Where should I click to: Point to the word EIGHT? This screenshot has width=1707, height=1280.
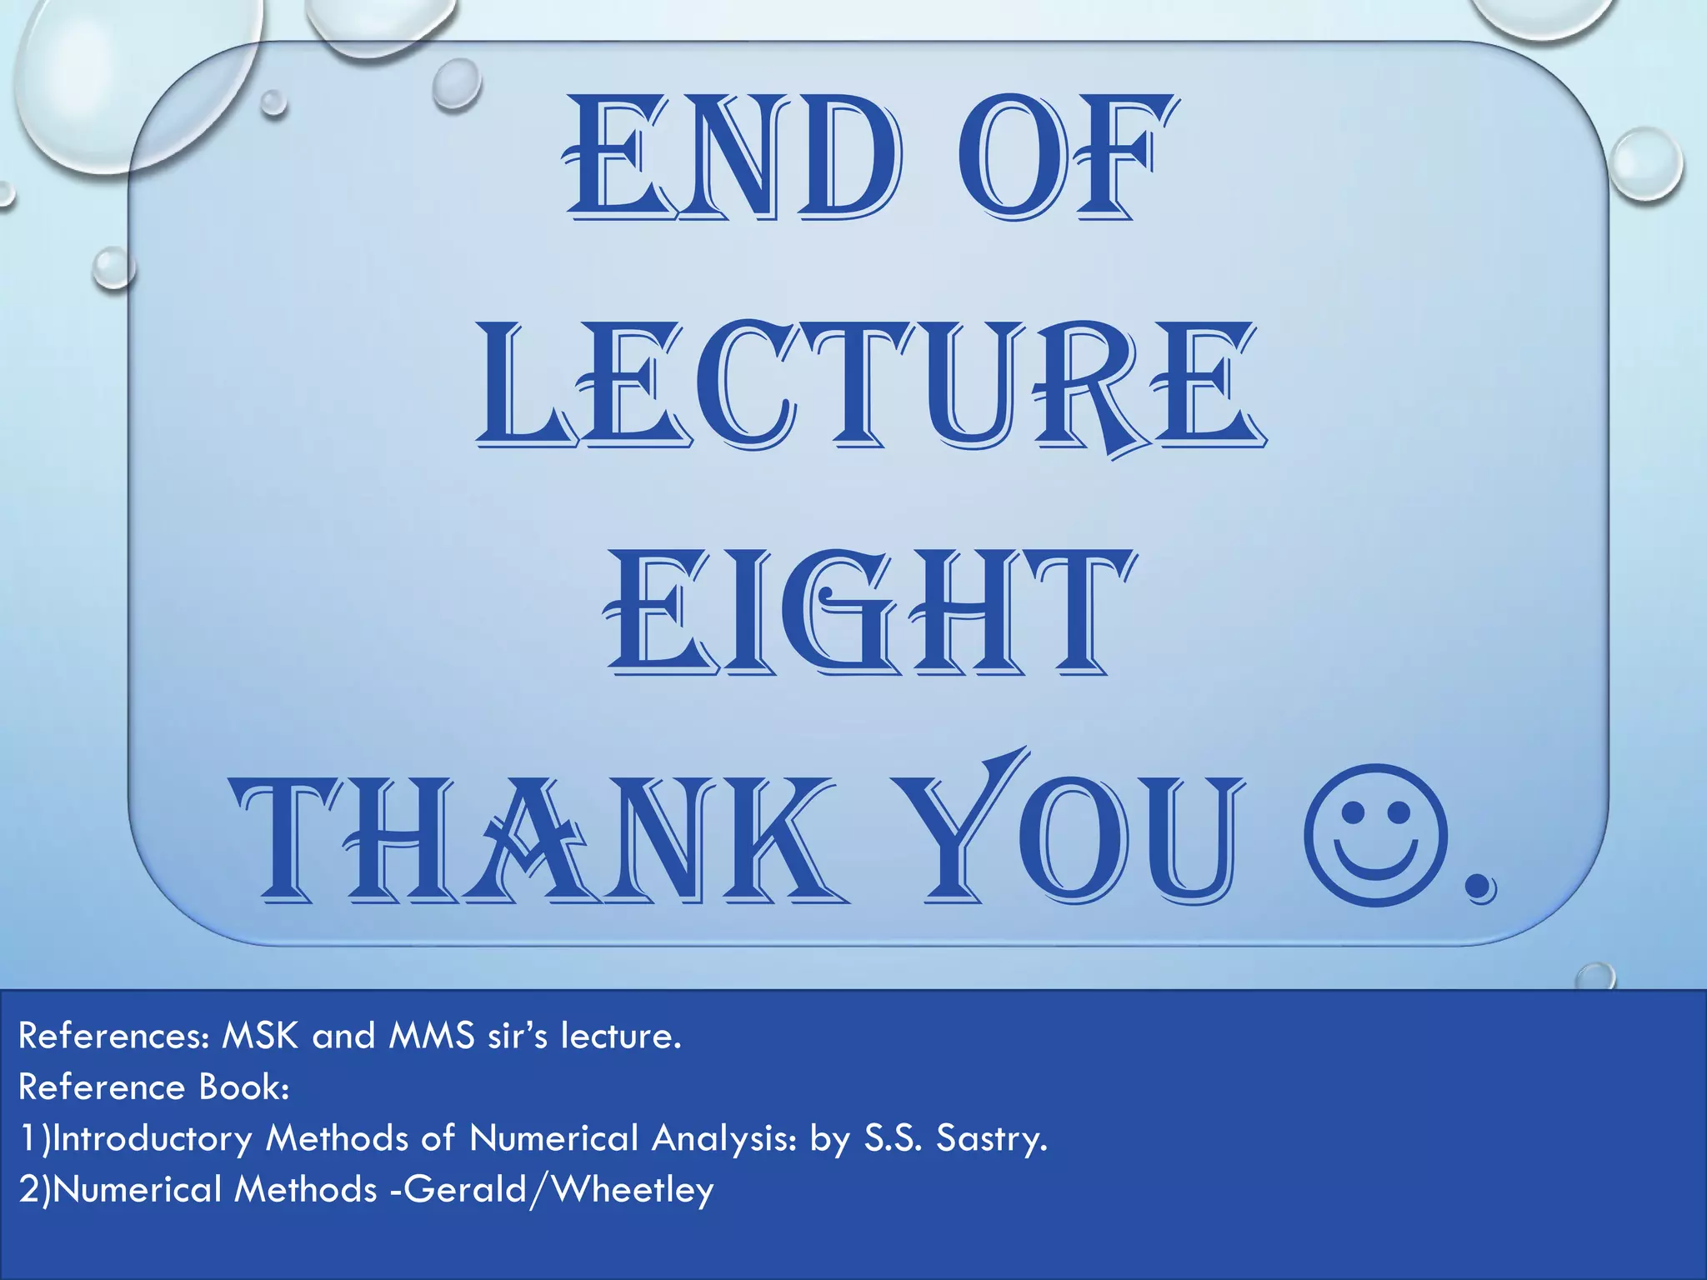tap(867, 612)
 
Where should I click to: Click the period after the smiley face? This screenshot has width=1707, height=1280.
tap(1480, 890)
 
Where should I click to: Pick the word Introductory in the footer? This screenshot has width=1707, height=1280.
tap(151, 1138)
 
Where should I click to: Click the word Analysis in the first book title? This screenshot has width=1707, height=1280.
tap(724, 1138)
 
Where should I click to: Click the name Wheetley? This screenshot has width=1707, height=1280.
tap(633, 1189)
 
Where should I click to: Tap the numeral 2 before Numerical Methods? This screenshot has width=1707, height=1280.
tap(29, 1189)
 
